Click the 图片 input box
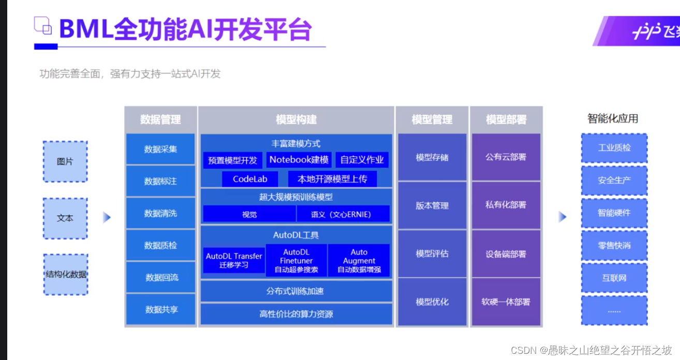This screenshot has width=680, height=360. click(65, 161)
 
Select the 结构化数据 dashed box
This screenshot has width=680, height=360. click(65, 274)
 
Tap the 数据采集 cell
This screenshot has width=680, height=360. click(160, 149)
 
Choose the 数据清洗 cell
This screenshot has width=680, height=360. click(160, 213)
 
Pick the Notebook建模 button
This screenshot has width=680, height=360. click(299, 160)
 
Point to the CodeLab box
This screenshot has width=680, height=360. click(249, 179)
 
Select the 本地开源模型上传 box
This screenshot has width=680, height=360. click(332, 179)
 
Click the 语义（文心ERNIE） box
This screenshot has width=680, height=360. click(343, 214)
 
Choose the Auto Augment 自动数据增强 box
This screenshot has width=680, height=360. click(359, 260)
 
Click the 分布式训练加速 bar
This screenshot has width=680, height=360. click(295, 291)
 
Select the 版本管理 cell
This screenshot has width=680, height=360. click(432, 205)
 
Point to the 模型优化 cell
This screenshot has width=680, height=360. click(432, 302)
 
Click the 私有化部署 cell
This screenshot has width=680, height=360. click(506, 205)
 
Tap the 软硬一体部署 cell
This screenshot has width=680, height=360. click(506, 302)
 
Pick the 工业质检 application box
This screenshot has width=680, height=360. click(614, 148)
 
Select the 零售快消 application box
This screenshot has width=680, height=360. click(614, 246)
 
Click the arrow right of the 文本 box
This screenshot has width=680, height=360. click(107, 217)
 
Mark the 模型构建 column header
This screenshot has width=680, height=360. click(296, 119)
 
